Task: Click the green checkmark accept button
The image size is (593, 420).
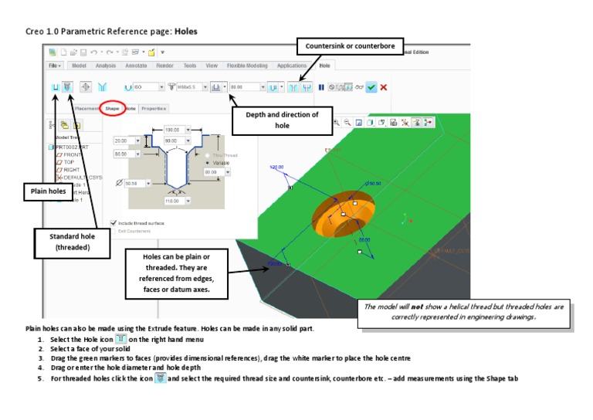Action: [x=371, y=87]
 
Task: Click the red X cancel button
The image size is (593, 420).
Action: [x=384, y=87]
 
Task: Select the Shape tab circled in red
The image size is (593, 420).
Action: [x=113, y=109]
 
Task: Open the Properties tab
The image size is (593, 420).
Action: [x=154, y=109]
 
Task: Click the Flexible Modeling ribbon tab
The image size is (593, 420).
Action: [x=246, y=66]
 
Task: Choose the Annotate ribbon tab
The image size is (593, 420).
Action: [x=136, y=66]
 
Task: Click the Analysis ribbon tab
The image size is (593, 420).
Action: [x=106, y=66]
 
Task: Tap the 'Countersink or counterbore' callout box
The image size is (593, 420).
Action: [x=349, y=46]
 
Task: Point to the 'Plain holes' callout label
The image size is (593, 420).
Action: [x=43, y=191]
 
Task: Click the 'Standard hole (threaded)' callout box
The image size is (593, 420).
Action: [x=69, y=242]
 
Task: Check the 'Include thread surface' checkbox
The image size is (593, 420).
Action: [x=114, y=222]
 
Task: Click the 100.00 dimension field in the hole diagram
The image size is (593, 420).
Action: [x=171, y=130]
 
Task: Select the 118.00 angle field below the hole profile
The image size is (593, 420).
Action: [x=171, y=201]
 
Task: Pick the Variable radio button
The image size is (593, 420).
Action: [x=209, y=163]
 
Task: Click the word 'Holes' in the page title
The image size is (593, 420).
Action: [x=186, y=32]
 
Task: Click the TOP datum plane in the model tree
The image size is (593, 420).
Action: [x=69, y=163]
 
